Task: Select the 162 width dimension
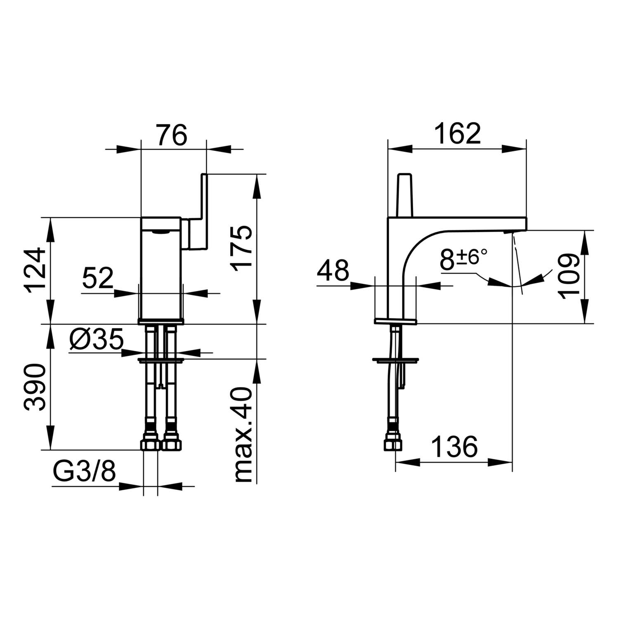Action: click(x=458, y=133)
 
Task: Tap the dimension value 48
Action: click(x=333, y=271)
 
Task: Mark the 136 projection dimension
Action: click(x=454, y=447)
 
